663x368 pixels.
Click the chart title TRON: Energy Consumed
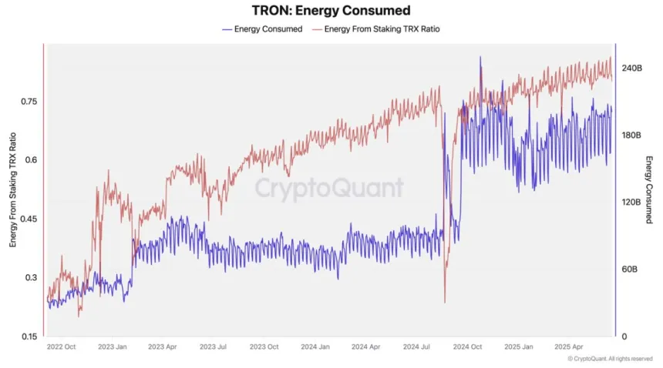tap(331, 11)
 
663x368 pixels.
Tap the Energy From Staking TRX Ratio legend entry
tap(382, 29)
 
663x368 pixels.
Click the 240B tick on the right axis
tap(631, 69)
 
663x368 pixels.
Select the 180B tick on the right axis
tap(631, 135)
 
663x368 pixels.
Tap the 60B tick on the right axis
tap(630, 270)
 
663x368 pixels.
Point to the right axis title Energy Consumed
tap(649, 189)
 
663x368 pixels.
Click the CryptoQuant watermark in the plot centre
tap(329, 187)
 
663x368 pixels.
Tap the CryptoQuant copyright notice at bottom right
tap(610, 359)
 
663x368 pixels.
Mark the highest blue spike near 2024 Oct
tap(480, 57)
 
